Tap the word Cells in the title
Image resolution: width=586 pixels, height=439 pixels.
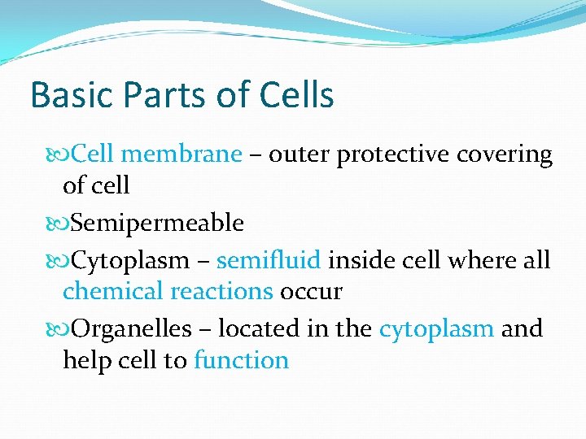(296, 95)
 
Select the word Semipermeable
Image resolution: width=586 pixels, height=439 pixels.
(158, 223)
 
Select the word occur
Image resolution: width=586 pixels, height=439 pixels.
(311, 290)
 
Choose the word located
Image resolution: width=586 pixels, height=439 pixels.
(260, 329)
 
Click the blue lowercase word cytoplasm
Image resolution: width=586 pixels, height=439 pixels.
(436, 329)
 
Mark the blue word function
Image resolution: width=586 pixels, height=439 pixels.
(242, 360)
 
